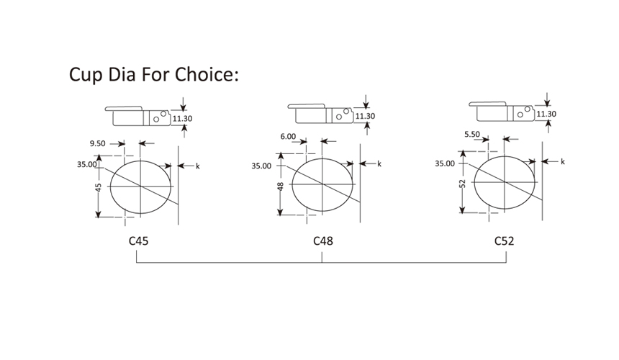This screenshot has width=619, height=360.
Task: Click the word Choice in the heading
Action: point(205,74)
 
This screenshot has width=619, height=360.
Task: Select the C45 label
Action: point(139,240)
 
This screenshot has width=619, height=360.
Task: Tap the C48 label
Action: point(323,240)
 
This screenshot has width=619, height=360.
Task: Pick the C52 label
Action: point(504,240)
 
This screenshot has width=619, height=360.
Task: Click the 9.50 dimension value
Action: point(97,144)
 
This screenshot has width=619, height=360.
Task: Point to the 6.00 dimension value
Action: point(288,137)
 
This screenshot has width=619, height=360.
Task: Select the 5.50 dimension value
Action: point(472,134)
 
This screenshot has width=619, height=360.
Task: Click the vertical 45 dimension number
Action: point(99,187)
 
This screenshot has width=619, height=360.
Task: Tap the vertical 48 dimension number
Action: point(281,186)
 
